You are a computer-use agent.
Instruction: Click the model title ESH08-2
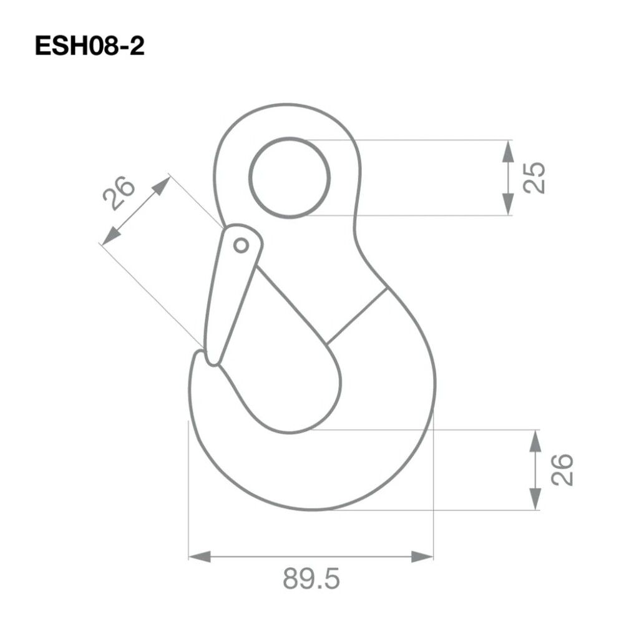(89, 46)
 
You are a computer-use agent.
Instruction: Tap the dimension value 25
(534, 178)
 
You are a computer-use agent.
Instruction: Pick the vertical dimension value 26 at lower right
(562, 470)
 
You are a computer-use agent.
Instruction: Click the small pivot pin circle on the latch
(241, 245)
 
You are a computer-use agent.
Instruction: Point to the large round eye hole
(290, 178)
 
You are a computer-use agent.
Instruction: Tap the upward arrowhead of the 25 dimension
(507, 151)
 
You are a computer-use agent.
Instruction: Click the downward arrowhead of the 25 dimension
(507, 205)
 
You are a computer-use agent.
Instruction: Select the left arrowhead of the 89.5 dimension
(200, 557)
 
